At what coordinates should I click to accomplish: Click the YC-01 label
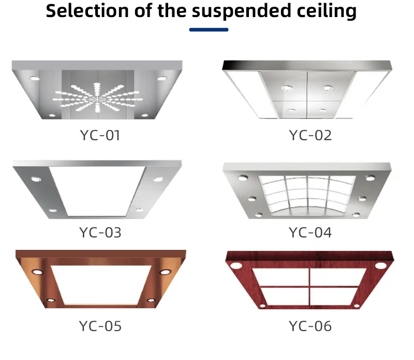(100, 136)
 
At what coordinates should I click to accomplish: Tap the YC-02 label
(310, 136)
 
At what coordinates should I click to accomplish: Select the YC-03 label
(100, 233)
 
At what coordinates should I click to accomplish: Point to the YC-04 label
(310, 233)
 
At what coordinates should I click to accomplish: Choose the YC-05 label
(100, 326)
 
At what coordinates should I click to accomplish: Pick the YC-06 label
(310, 326)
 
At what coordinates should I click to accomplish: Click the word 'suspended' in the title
(241, 11)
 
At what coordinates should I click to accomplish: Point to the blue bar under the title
(209, 30)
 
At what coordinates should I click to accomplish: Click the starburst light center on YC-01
(96, 99)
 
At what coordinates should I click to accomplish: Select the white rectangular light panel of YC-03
(98, 191)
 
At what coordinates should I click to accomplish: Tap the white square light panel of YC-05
(101, 284)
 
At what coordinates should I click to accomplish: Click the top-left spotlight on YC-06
(236, 265)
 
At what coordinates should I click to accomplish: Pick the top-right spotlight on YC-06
(380, 265)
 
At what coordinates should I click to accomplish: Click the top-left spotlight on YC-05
(37, 272)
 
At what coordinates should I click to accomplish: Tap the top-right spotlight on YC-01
(162, 79)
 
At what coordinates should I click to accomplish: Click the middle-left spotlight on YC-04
(252, 199)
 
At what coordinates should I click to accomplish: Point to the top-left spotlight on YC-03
(36, 179)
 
